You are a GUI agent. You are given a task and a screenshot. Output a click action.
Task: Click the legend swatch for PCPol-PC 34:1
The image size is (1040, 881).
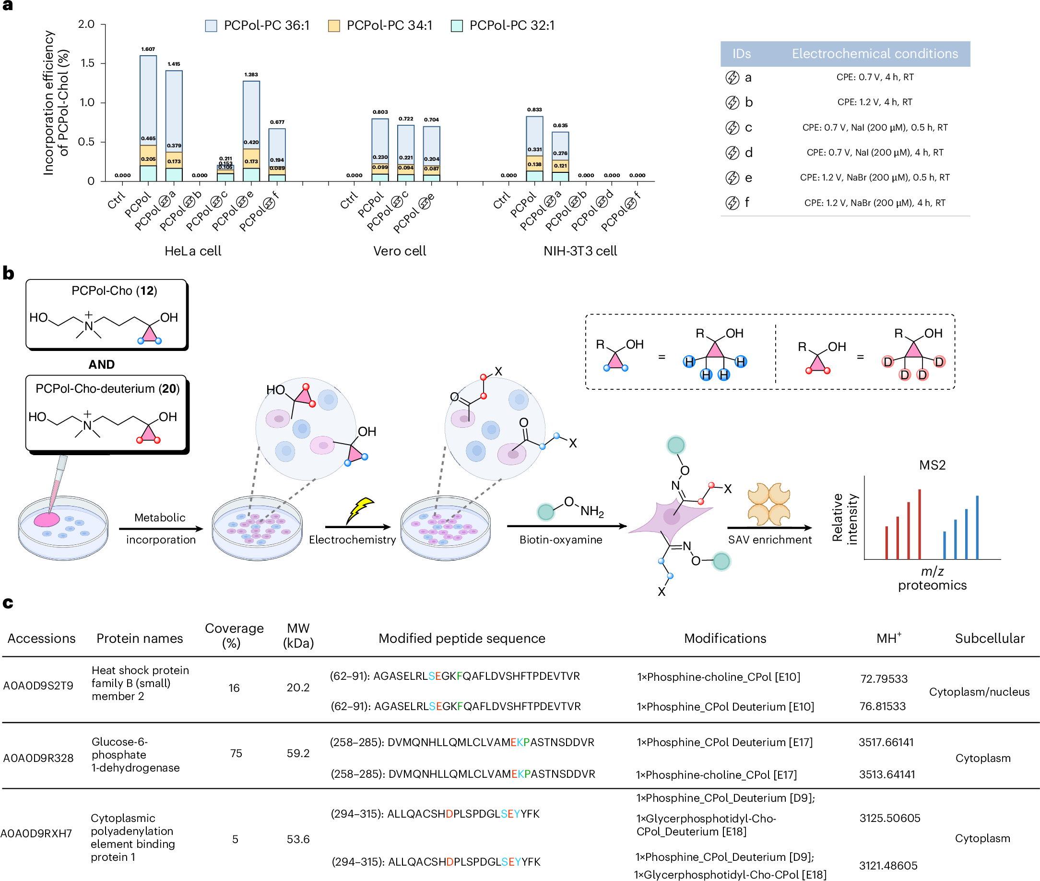click(334, 26)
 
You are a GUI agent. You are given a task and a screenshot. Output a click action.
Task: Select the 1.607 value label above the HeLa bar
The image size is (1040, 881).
click(148, 49)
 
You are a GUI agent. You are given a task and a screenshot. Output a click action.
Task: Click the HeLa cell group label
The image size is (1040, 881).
click(193, 251)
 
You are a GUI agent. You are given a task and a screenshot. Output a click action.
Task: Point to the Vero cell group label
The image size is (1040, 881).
click(400, 251)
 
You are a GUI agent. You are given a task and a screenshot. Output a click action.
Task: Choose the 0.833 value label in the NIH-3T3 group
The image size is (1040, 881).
click(534, 109)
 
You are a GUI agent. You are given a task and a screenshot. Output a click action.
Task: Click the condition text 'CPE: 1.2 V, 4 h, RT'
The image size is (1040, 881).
click(875, 102)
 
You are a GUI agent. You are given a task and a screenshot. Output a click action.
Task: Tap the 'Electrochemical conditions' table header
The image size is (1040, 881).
click(875, 53)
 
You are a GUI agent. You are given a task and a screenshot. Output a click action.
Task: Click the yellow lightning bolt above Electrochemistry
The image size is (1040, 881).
click(360, 509)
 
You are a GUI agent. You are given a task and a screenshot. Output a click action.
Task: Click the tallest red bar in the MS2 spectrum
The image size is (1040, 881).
click(919, 524)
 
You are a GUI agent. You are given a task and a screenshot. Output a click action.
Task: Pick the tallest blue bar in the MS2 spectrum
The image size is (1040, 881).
click(977, 528)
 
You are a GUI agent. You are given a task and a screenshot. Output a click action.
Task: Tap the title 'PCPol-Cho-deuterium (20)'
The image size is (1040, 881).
click(107, 388)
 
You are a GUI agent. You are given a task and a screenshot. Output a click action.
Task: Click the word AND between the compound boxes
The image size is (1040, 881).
click(101, 364)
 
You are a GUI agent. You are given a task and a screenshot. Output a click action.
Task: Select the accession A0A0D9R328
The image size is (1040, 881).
click(38, 758)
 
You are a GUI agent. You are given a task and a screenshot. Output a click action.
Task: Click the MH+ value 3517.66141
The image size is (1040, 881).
click(886, 742)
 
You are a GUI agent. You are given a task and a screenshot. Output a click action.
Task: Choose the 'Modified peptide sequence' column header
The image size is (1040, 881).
click(461, 638)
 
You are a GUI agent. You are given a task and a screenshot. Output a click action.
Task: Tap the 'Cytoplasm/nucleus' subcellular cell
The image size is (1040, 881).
click(979, 692)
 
